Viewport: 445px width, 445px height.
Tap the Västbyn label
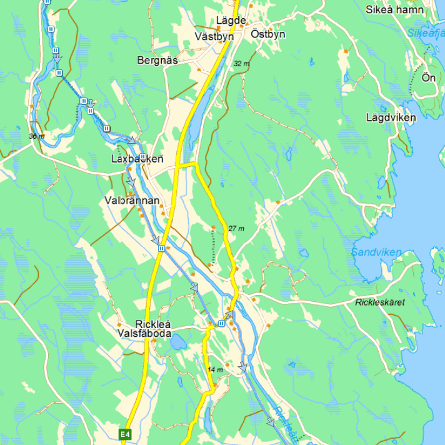click(214, 37)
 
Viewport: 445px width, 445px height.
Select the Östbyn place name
click(267, 34)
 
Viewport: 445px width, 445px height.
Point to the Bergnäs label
click(157, 61)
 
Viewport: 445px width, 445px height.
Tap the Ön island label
click(428, 78)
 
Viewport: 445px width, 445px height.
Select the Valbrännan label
click(133, 201)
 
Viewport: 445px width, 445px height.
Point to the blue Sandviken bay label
click(376, 252)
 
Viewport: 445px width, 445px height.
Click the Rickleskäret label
click(379, 302)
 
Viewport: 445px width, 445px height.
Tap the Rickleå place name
click(153, 324)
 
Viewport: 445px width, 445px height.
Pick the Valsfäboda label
click(145, 334)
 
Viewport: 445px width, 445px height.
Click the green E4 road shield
click(126, 433)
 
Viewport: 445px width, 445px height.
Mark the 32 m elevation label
click(241, 64)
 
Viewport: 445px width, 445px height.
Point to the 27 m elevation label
click(237, 228)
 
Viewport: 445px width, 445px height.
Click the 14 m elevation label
click(215, 370)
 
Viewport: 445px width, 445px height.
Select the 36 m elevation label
click(36, 136)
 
